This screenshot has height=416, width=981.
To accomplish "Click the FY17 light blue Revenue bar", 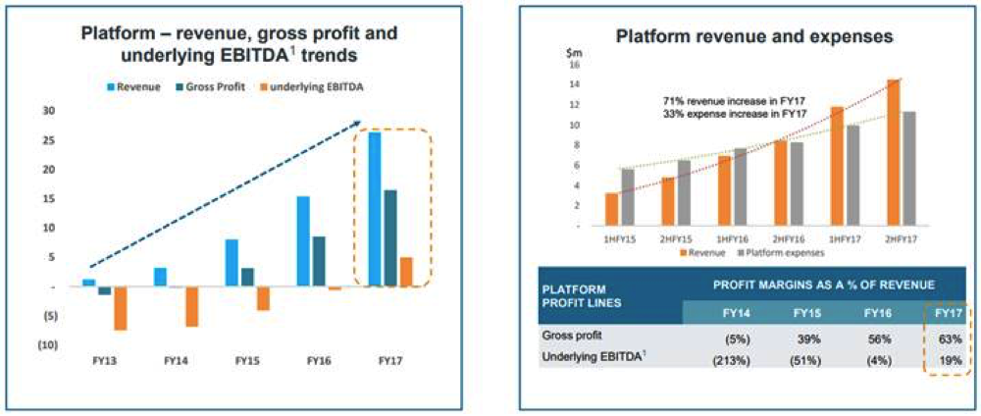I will (375, 208).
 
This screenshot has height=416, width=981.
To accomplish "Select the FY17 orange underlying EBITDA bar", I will (405, 272).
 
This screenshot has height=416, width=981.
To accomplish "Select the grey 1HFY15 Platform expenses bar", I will (628, 196).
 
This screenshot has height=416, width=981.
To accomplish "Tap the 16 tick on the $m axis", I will (575, 65).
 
